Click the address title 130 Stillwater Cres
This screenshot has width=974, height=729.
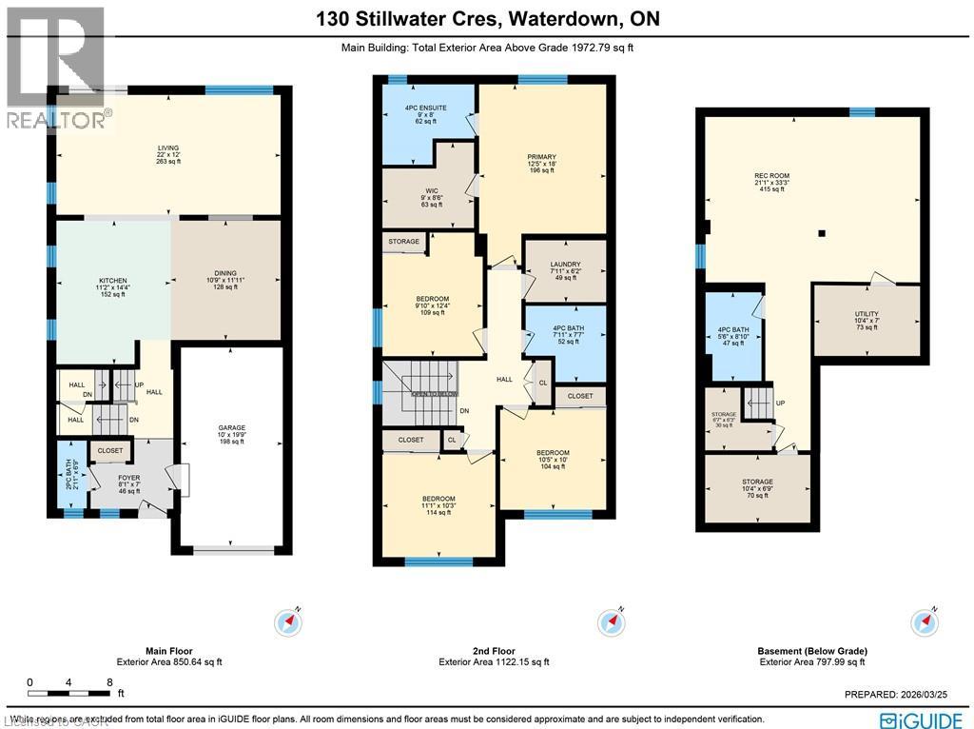pos(486,19)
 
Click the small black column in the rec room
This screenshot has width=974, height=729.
pos(823,233)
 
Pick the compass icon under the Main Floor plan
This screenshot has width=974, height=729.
pos(289,622)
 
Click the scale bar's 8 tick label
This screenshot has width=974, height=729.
pos(110,682)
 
